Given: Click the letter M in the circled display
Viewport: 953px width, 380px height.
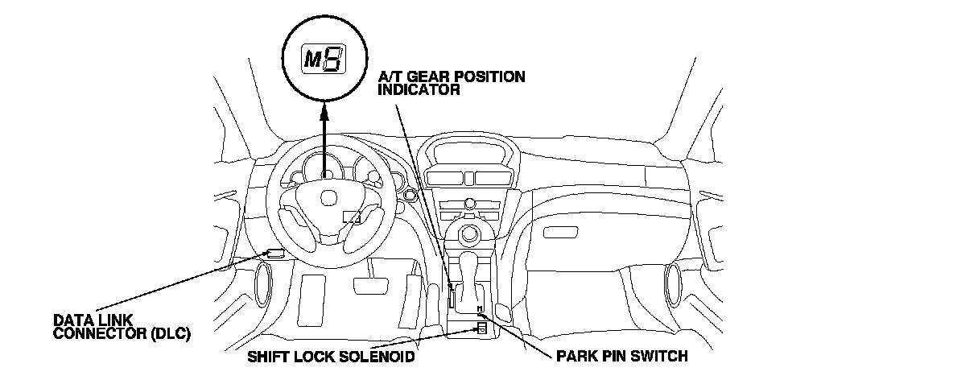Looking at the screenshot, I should click(x=311, y=59).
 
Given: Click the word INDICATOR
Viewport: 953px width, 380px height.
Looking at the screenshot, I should click(x=419, y=90).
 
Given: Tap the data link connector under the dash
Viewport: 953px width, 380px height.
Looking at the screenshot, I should click(x=275, y=254).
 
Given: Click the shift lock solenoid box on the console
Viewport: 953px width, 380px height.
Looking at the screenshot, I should click(x=481, y=327).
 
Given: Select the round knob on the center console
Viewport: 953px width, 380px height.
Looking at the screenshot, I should click(x=469, y=236).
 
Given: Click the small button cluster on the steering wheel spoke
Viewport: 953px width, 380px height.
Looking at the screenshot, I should click(x=352, y=216).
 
